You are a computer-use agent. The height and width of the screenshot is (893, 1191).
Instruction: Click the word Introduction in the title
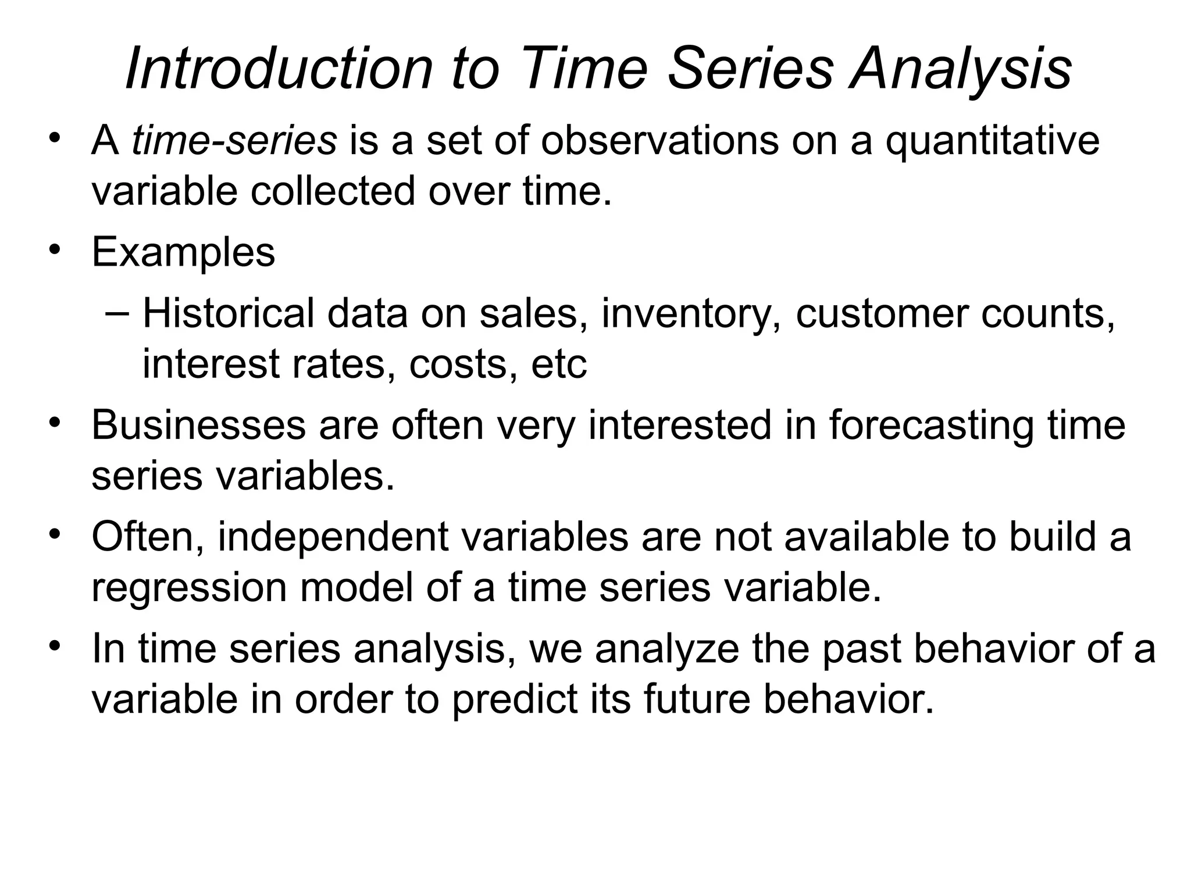[279, 69]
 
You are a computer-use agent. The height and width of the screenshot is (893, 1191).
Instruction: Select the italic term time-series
[234, 141]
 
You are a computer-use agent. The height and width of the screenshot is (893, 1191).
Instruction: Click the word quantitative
[992, 141]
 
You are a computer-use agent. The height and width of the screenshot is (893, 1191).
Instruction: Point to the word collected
[333, 191]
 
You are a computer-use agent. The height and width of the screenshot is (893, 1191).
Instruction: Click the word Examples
[183, 252]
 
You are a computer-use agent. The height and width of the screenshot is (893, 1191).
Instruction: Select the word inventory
[691, 313]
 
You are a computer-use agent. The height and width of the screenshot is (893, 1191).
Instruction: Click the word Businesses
[198, 425]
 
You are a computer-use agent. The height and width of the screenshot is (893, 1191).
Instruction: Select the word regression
[189, 587]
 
